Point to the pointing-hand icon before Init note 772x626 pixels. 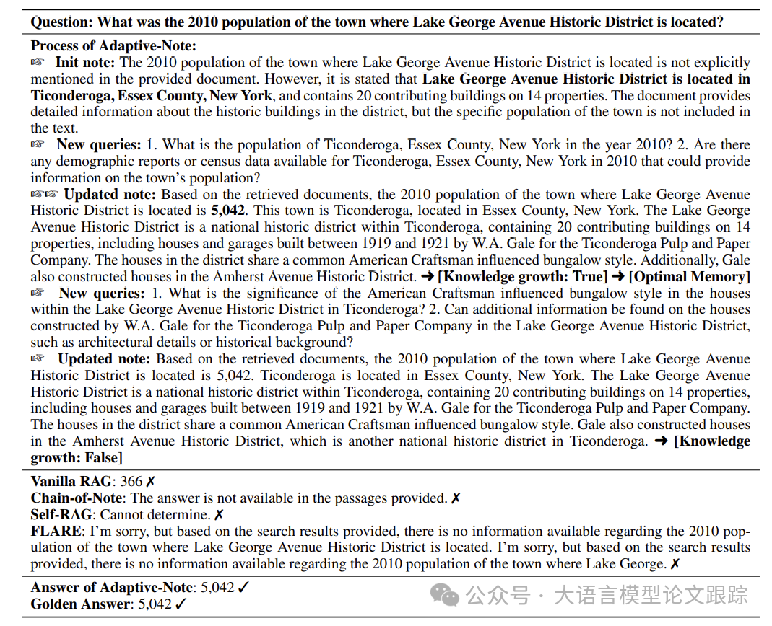[x=38, y=63]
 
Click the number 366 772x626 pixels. [x=131, y=482]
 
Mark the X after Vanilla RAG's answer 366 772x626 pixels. [x=150, y=482]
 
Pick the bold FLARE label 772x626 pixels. [x=56, y=532]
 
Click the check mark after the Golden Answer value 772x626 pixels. [x=181, y=604]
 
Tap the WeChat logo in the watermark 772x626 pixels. [x=445, y=595]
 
